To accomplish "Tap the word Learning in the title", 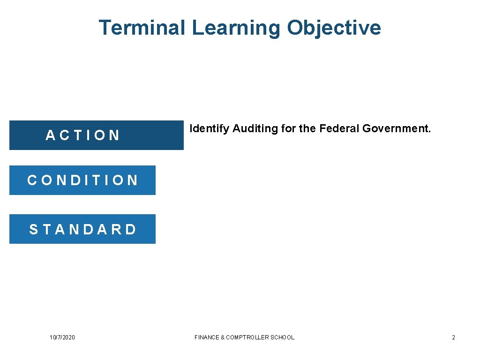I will click(236, 28).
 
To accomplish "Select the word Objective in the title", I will click(334, 28).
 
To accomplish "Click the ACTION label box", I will click(96, 135).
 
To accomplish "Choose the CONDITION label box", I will click(82, 180).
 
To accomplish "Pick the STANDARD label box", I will click(82, 229).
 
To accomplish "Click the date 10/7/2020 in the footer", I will click(62, 337).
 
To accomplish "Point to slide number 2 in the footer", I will click(453, 337).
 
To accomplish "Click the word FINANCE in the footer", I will click(207, 337).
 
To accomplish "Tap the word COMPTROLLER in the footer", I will click(248, 337).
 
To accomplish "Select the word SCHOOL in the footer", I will click(283, 337).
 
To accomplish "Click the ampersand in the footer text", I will click(223, 337).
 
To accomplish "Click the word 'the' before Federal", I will click(307, 128).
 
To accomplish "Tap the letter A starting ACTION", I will click(50, 135).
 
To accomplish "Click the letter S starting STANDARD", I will click(34, 229).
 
